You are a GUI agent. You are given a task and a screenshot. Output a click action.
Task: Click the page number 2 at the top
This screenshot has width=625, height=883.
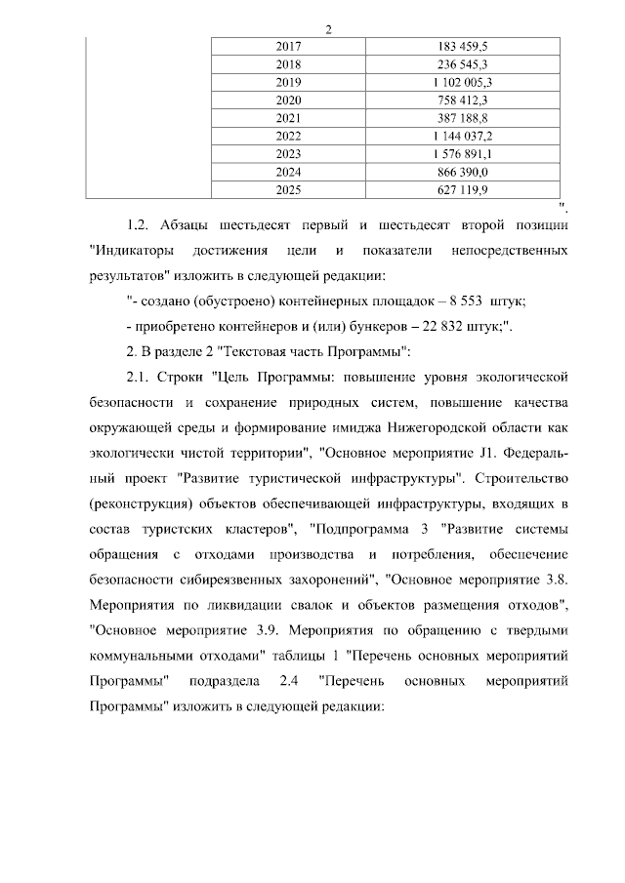[329, 28]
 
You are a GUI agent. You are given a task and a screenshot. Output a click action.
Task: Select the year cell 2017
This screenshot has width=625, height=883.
[289, 47]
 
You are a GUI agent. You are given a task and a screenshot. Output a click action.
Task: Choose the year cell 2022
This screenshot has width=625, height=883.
[289, 135]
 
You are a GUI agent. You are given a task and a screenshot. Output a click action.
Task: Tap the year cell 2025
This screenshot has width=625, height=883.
[289, 188]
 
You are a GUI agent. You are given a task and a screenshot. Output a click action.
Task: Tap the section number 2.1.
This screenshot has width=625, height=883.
[141, 376]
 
